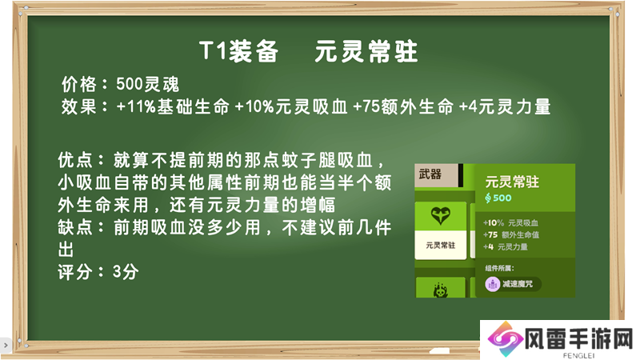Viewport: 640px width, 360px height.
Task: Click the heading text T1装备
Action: click(x=238, y=51)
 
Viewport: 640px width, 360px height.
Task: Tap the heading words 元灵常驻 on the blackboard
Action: click(x=366, y=51)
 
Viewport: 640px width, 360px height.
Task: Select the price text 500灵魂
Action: click(x=147, y=85)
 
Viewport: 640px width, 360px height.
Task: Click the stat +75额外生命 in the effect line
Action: click(x=404, y=107)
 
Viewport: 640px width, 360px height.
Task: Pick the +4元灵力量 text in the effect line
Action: click(x=505, y=107)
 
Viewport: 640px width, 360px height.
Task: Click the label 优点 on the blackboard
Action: click(x=75, y=160)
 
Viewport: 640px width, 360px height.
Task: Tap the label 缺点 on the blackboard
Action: click(x=75, y=227)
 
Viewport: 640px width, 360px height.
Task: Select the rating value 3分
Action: click(x=126, y=271)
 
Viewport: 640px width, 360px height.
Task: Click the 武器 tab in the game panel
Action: click(x=430, y=174)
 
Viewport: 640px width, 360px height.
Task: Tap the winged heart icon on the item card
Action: click(x=441, y=215)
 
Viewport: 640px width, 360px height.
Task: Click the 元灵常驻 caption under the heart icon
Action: click(x=441, y=246)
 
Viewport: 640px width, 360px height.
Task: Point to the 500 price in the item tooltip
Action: click(x=498, y=198)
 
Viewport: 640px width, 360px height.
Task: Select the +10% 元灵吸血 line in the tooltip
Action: click(x=510, y=223)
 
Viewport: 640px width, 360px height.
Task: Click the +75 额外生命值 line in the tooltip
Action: click(x=511, y=234)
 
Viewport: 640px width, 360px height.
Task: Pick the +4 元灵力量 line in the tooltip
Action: click(x=506, y=247)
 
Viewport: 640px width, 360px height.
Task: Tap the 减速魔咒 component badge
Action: click(x=513, y=284)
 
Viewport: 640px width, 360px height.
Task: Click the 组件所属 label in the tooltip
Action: click(x=499, y=268)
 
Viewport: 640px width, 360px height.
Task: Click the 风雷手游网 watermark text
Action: click(x=578, y=338)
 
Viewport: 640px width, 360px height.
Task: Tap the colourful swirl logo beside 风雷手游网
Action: click(x=506, y=339)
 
